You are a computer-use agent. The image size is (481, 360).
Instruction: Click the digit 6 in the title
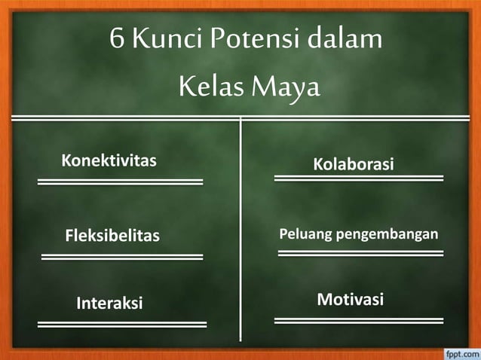tap(116, 38)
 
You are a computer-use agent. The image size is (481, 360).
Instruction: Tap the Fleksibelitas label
tap(112, 236)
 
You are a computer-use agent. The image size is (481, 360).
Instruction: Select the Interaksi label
tap(109, 304)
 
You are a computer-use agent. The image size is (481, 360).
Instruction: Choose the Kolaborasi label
tap(354, 163)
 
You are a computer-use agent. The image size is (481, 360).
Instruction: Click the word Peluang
tap(305, 235)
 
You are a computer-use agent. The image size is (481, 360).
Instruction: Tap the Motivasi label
tap(350, 300)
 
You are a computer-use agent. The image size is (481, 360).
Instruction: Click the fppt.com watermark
tap(458, 352)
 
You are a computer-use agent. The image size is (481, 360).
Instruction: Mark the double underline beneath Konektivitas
tap(121, 181)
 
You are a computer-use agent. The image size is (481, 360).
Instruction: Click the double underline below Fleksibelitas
tap(122, 257)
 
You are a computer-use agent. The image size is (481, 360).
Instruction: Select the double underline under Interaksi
tap(122, 324)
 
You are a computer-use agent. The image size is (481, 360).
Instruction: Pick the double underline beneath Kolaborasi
tap(358, 178)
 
